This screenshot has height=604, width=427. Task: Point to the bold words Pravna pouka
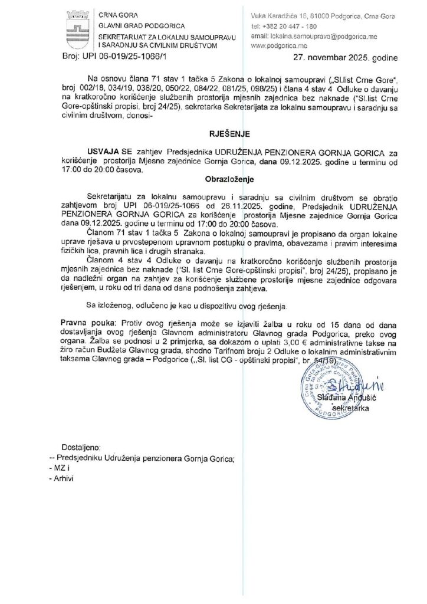tap(88, 324)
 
